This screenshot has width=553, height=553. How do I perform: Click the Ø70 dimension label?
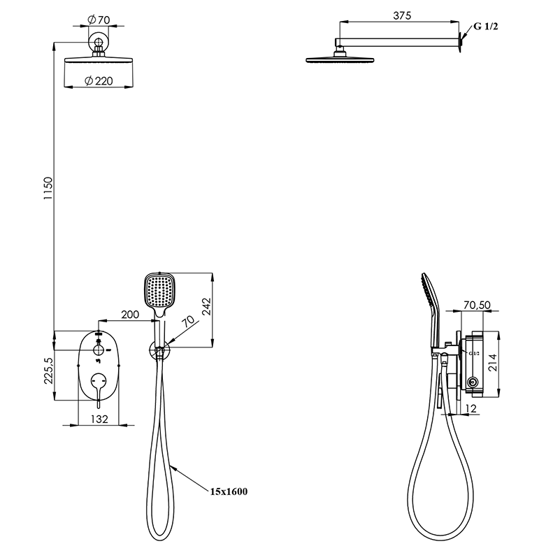(99, 20)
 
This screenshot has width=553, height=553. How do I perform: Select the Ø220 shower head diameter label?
(99, 81)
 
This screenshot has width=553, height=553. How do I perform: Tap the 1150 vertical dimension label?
(48, 188)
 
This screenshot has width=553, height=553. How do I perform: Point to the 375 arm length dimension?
(402, 15)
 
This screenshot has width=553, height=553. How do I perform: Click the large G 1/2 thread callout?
(486, 26)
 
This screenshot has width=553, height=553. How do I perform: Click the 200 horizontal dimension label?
(130, 314)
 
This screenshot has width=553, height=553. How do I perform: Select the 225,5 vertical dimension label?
(48, 371)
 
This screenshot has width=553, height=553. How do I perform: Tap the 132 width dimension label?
(99, 419)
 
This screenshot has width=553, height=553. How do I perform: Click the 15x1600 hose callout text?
(229, 491)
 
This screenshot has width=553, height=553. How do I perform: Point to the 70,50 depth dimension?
(477, 305)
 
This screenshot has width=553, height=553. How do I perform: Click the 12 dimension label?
(471, 408)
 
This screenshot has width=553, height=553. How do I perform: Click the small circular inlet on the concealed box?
(472, 382)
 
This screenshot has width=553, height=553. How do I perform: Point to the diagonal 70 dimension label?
(189, 321)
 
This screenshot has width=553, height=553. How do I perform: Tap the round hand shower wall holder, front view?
(159, 351)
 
